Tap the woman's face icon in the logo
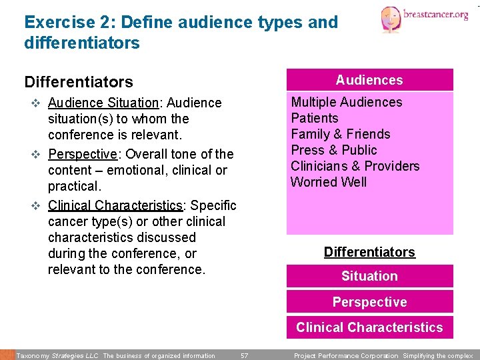pyautogui.click(x=391, y=19)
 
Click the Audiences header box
pyautogui.click(x=369, y=80)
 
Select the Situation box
pyautogui.click(x=369, y=276)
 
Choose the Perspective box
pyautogui.click(x=369, y=302)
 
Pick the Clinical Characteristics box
pyautogui.click(x=369, y=327)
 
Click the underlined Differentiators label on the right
pyautogui.click(x=369, y=252)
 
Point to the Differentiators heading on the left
pyautogui.click(x=79, y=82)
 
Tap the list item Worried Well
pyautogui.click(x=329, y=182)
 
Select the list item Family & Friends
pyautogui.click(x=340, y=134)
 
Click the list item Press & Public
pyautogui.click(x=333, y=150)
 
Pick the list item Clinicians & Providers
pyautogui.click(x=355, y=166)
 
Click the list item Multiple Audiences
pyautogui.click(x=346, y=102)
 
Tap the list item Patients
pyautogui.click(x=315, y=118)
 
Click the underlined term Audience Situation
pyautogui.click(x=103, y=103)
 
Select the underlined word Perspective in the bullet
pyautogui.click(x=82, y=154)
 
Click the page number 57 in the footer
pyautogui.click(x=244, y=356)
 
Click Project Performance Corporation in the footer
pyautogui.click(x=345, y=356)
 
